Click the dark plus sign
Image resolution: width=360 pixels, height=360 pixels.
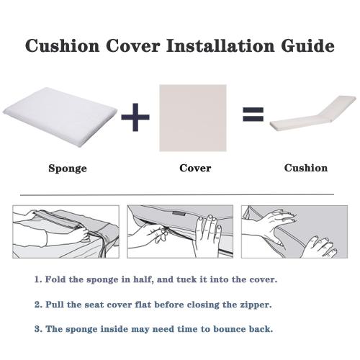coord(137,117)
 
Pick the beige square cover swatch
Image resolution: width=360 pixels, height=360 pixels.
coord(192,117)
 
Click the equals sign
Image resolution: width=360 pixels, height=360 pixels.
coord(252,114)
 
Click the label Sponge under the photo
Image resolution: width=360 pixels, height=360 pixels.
coord(68,169)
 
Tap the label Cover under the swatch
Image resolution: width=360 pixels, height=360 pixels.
coord(195,168)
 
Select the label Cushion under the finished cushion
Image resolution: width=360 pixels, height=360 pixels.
coord(305,168)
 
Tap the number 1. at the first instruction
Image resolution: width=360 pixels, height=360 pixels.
coord(37,279)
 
